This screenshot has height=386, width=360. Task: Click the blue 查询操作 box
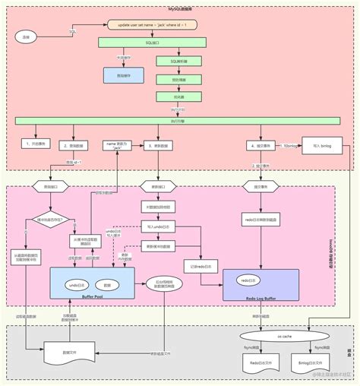click(124, 74)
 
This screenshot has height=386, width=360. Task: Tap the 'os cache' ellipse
click(285, 336)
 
